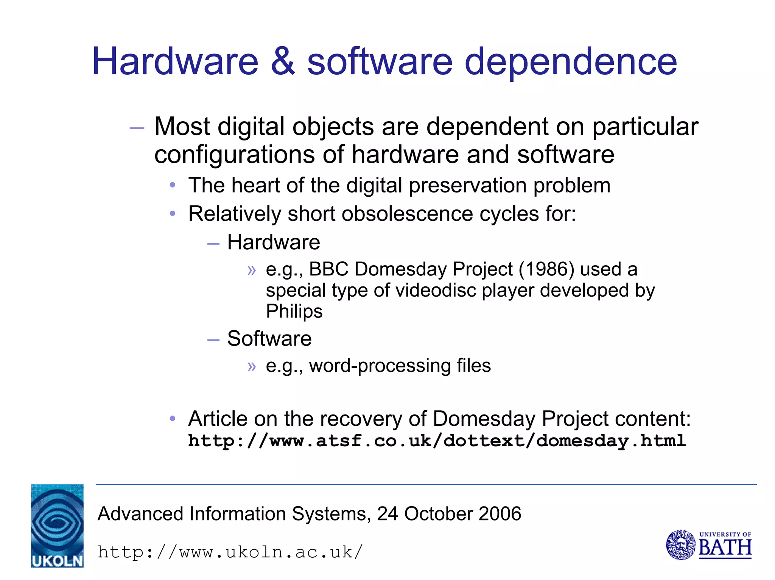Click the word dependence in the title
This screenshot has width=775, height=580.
coord(570,63)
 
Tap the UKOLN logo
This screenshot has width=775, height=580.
coord(57,525)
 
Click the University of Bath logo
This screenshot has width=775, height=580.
coord(708,545)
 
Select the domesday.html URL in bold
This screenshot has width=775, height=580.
coord(437,441)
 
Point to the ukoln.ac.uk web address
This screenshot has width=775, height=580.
coord(230,552)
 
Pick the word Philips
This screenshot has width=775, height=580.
coord(294,311)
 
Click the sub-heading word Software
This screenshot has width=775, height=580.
coord(269,338)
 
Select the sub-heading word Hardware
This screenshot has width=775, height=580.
coord(273,242)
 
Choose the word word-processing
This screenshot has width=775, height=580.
coord(379,366)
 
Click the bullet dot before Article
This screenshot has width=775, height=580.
coord(173,419)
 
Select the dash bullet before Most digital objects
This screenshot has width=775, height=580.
coord(137,128)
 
